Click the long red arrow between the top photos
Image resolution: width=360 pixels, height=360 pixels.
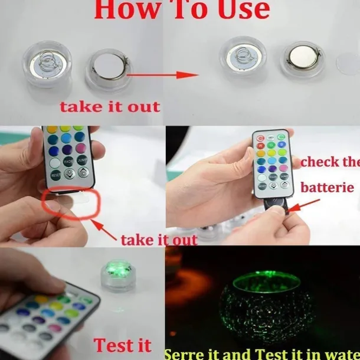(162, 75)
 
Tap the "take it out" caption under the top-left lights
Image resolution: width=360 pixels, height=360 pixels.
(110, 107)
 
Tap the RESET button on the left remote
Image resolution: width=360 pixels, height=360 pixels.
(56, 175)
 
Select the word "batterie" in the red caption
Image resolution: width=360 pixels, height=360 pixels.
(328, 188)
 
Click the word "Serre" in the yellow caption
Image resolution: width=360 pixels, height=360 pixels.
(188, 354)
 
